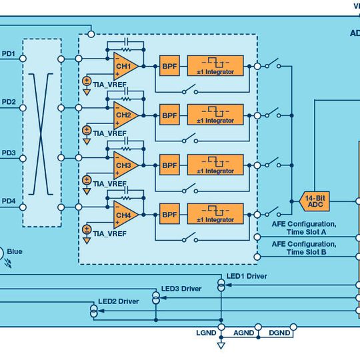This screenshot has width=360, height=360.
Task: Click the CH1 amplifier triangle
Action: (x=125, y=66)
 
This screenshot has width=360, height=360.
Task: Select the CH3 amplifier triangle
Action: (x=125, y=165)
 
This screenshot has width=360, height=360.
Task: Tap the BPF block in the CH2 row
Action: (x=169, y=115)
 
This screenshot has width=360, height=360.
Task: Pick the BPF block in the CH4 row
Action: (x=169, y=214)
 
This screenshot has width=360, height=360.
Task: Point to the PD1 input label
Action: (x=9, y=53)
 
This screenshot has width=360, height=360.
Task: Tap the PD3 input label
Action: (x=9, y=153)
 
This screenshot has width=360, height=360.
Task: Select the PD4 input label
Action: (x=9, y=201)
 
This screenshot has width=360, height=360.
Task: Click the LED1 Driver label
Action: (x=247, y=276)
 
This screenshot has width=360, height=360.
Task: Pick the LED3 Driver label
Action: (x=181, y=289)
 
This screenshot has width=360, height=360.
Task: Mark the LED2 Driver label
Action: (x=119, y=301)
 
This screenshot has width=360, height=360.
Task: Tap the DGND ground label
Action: (x=279, y=332)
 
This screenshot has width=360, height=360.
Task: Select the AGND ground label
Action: (x=243, y=332)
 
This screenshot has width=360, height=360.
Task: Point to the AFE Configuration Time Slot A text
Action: (x=303, y=228)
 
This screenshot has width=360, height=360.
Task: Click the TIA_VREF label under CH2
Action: (x=109, y=133)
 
